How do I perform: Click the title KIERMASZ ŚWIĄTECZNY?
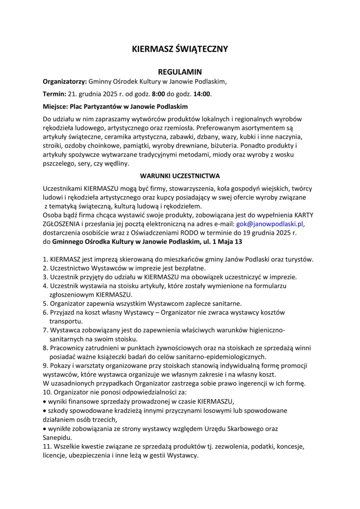180,49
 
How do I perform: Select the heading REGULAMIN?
180,72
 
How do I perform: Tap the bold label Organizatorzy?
65,81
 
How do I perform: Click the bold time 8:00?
159,94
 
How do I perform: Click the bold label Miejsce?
56,106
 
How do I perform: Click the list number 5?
45,303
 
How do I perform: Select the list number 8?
45,348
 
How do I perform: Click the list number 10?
47,393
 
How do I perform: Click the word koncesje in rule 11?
291,447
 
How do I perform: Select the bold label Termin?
55,94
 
